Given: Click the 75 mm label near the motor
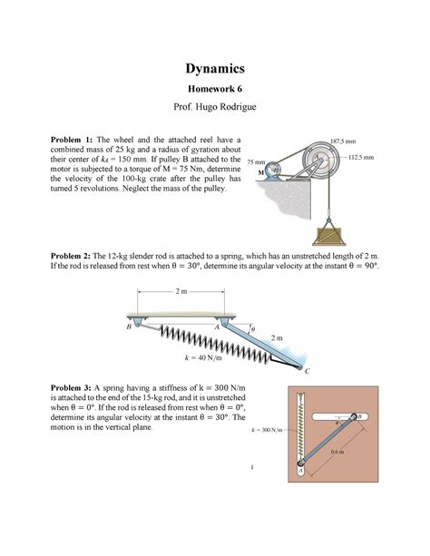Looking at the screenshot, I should click(259, 160).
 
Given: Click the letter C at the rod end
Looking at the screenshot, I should click(307, 372).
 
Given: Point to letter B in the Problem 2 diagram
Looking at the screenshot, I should click(128, 327).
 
